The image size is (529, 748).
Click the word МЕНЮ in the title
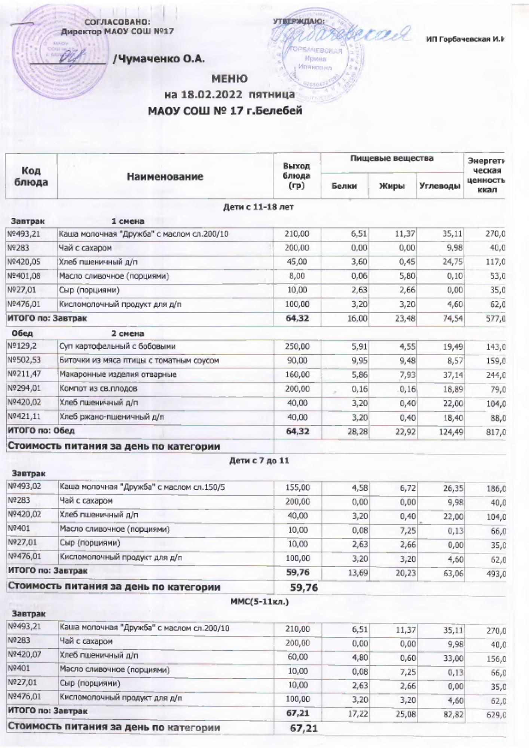[229, 79]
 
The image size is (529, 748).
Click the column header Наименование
[165, 177]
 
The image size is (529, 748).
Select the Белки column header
[344, 186]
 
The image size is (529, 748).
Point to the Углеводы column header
[440, 186]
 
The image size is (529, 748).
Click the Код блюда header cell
[31, 177]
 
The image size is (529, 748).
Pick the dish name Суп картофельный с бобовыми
[117, 346]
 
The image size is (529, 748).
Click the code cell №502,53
[24, 361]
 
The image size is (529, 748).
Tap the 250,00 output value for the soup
[297, 346]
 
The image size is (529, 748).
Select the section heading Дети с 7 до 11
[259, 461]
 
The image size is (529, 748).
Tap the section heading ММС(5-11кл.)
[259, 603]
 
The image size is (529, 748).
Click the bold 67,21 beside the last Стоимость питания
[304, 728]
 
